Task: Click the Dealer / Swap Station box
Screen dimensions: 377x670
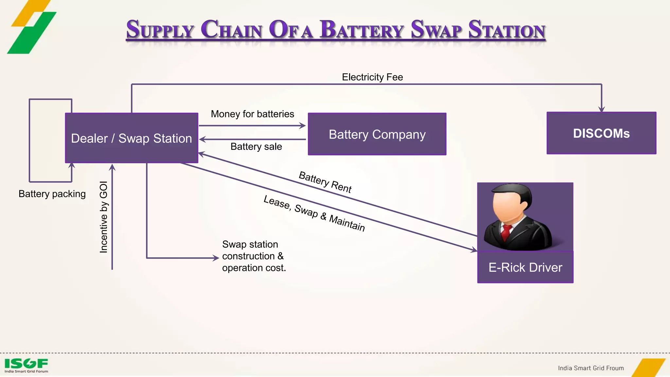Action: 132,138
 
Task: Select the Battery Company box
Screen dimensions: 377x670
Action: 377,134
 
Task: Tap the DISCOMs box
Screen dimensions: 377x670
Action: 601,133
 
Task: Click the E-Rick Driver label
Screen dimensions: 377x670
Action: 525,267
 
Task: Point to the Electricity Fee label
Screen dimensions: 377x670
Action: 372,77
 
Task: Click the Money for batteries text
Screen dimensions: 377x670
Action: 252,114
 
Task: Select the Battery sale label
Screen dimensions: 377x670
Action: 256,147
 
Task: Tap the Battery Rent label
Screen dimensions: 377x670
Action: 325,182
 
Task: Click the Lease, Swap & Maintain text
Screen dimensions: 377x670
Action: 314,213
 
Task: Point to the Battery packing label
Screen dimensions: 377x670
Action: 52,194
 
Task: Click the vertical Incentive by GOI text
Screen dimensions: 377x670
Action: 103,217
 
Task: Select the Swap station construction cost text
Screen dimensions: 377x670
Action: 254,256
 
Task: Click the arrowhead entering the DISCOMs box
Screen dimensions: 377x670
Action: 601,109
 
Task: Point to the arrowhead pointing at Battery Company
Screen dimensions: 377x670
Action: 303,126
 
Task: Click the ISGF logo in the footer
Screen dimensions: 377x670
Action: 26,365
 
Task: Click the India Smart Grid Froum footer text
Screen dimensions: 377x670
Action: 591,368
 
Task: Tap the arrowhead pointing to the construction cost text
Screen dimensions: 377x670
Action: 216,258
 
